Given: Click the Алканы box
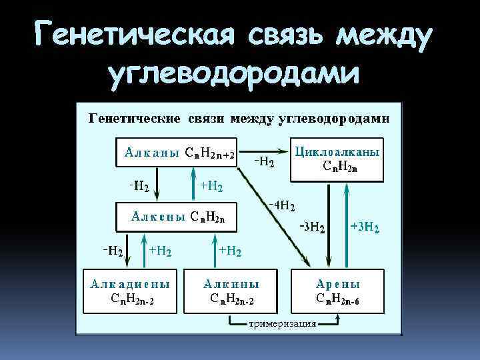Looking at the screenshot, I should [x=177, y=153].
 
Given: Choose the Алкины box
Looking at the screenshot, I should [x=231, y=291].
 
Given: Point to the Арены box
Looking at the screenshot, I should [x=337, y=291].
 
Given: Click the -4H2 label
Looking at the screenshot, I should [x=282, y=205].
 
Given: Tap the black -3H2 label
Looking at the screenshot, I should [x=311, y=228].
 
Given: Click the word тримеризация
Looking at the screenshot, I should [x=282, y=324].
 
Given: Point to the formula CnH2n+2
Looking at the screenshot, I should [x=209, y=154].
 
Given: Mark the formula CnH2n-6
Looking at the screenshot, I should [x=337, y=298].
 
